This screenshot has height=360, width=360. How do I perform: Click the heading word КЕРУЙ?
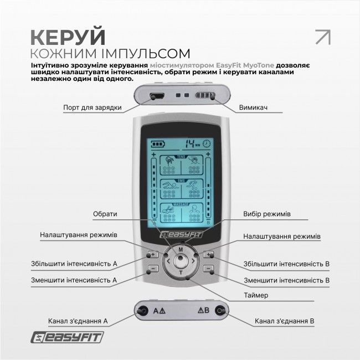click(67, 35)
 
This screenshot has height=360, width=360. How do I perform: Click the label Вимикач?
click(254, 107)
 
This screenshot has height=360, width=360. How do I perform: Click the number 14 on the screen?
click(191, 143)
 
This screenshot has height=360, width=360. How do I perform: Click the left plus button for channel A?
click(153, 255)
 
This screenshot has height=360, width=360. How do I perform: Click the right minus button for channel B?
click(208, 269)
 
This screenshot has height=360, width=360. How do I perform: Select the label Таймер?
click(256, 295)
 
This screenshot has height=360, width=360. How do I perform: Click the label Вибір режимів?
click(264, 214)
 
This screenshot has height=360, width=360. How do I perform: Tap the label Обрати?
click(105, 214)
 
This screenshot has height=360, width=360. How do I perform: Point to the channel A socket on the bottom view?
click(143, 310)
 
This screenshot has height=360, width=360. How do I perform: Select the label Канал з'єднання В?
click(285, 321)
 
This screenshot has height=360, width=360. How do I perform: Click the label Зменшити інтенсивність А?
click(74, 280)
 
